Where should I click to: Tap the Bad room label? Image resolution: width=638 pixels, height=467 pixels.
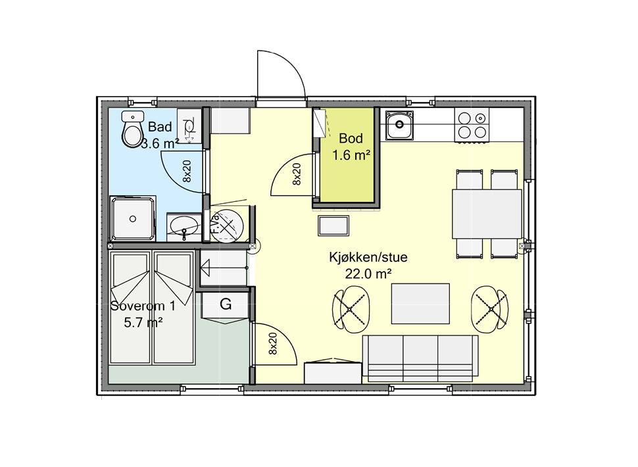coord(160,127)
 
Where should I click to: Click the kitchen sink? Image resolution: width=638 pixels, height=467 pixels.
coord(399,126)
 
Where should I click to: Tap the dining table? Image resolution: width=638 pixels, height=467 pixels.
coord(486,214)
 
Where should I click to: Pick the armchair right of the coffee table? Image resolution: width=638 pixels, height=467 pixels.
coord(491,307)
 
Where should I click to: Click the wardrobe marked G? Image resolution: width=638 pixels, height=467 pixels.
coord(226,304)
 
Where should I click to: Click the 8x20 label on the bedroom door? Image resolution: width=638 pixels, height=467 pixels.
coord(273,343)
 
